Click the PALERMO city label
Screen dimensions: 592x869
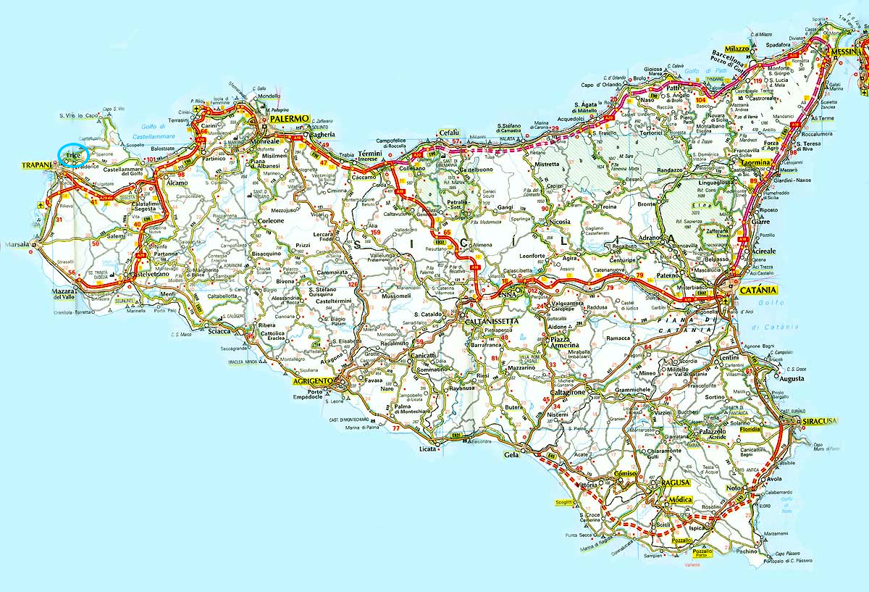coord(290,118)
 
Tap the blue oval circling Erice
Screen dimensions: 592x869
coord(73,155)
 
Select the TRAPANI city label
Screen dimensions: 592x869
coord(35,166)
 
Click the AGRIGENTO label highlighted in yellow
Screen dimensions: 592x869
coord(313,380)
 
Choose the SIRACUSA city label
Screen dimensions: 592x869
coord(815,421)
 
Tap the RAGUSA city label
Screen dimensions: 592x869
coord(675,482)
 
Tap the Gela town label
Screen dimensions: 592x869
coord(511,455)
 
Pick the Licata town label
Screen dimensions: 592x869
coord(428,449)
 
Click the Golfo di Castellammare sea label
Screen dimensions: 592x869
coord(154,130)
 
